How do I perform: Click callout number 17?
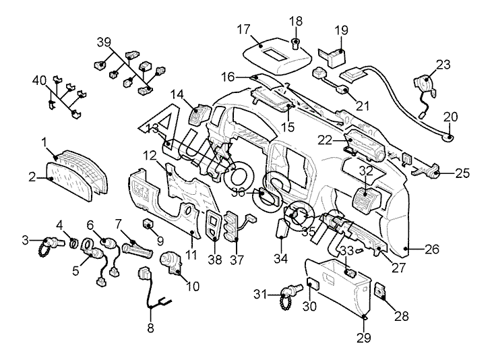coord(243,29)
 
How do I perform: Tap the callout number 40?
coord(39,81)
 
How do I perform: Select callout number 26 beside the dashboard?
coord(432,249)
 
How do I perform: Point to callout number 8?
coord(150,328)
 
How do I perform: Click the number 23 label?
coord(442,65)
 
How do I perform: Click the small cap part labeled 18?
coord(296,46)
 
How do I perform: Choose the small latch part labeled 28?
coord(379,290)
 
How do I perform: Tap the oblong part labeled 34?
coord(283,230)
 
